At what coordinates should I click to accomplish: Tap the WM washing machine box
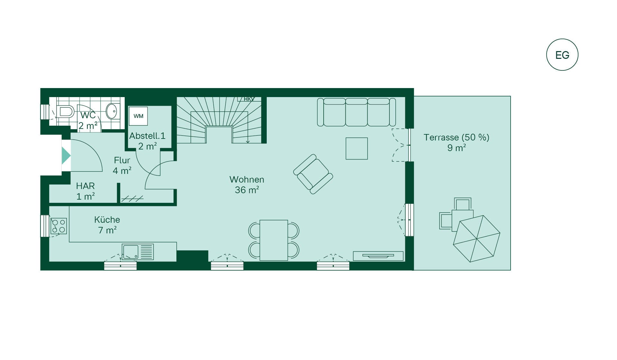click(x=138, y=116)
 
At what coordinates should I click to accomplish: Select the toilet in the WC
click(x=65, y=112)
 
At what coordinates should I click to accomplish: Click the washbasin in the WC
click(x=112, y=111)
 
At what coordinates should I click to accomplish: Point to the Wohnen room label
click(x=247, y=179)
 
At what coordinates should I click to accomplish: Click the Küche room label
click(x=107, y=220)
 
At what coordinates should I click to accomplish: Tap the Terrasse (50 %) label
click(x=456, y=137)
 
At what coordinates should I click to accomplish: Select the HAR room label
click(x=85, y=186)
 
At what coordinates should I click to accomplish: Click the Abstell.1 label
click(x=147, y=136)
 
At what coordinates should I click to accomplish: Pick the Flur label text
click(x=122, y=160)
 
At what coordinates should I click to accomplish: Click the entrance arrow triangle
click(x=66, y=155)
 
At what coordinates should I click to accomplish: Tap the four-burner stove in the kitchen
click(x=58, y=226)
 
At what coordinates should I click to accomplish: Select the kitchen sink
click(x=138, y=252)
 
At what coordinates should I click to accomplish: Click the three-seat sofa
click(x=356, y=112)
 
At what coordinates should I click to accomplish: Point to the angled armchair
click(x=313, y=174)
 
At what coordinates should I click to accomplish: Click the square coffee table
click(x=357, y=148)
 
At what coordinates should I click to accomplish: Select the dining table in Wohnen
click(x=273, y=240)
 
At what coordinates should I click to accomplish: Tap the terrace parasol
click(x=477, y=239)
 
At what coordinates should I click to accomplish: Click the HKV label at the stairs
click(x=249, y=99)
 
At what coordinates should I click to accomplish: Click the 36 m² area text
click(x=247, y=190)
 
